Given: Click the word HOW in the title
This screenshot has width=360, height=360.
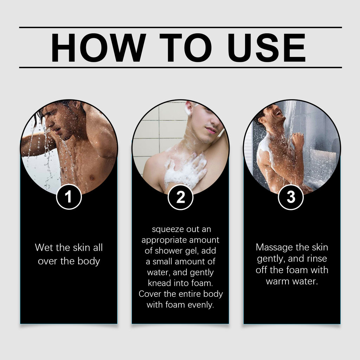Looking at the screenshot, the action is pos(98,47).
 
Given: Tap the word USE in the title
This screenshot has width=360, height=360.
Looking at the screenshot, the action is pos(266,47).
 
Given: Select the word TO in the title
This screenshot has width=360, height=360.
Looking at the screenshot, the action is pos(186,47).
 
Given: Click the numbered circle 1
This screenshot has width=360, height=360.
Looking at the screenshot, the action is pos(69,197).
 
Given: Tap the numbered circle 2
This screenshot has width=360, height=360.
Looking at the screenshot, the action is pos(180,197).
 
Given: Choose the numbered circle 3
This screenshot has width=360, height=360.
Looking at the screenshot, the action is pos(291,197).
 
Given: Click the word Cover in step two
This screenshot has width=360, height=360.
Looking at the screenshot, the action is pos(150,294).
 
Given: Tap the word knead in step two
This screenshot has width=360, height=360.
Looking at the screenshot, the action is pos(159,283).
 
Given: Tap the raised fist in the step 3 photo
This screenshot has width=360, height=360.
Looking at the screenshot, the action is pos(298,139).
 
